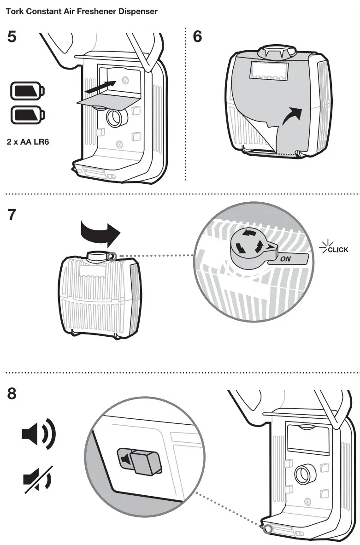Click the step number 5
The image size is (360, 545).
(x=12, y=37)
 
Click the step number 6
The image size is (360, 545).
(x=197, y=37)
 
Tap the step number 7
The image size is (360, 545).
(x=12, y=215)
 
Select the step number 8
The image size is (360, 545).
(x=12, y=394)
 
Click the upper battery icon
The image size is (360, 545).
(x=28, y=91)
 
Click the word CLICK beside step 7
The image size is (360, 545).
(x=337, y=250)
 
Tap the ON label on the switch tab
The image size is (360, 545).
(x=286, y=259)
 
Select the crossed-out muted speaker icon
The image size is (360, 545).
(x=38, y=479)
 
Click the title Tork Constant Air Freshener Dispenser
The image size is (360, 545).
(x=82, y=12)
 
